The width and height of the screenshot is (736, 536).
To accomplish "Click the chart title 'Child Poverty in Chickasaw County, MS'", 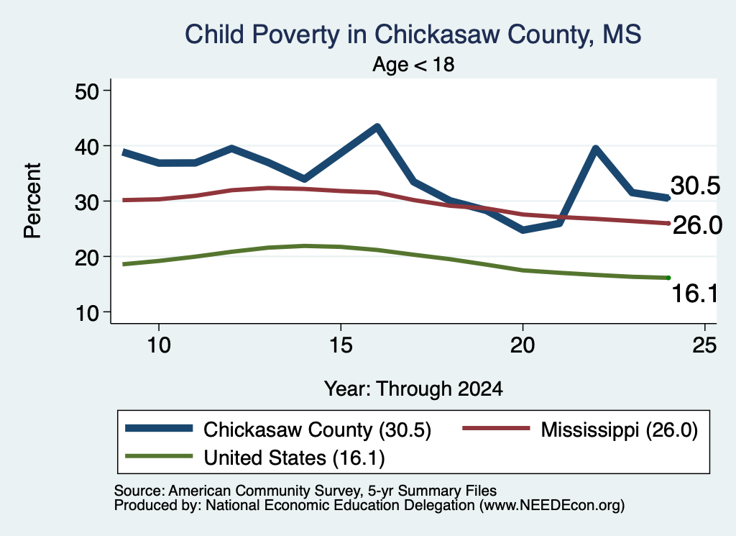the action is pos(413,35).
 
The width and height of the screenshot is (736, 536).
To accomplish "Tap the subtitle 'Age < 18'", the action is pos(413,64).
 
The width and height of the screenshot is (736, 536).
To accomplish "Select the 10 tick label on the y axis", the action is pos(87,313).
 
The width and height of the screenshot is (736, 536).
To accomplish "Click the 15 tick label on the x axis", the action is pos(341,346).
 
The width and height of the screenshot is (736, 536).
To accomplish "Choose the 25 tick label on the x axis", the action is pos(704,346).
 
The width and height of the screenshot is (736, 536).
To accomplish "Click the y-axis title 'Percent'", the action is pos(32,201).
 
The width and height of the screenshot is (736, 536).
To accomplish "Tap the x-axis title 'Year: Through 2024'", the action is pos(413,389).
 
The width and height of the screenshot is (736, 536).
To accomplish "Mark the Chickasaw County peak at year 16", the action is pos(377,127).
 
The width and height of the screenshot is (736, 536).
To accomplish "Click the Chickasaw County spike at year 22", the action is pos(595,150).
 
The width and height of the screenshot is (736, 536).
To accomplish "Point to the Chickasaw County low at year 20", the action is pos(523,230).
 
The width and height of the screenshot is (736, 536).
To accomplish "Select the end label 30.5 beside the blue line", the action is pos(695,186).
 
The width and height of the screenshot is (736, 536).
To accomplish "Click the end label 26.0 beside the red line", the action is pos(697,225).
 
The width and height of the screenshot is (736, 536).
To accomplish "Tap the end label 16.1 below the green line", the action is pos(695,294).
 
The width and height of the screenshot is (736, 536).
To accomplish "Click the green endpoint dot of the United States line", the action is pos(668,278).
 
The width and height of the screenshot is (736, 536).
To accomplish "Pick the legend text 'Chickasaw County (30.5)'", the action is pos(317,430).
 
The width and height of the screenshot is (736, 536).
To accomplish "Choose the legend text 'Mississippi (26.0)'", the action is pos(619,430).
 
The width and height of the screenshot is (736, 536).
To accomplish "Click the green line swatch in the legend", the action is pos(159,456).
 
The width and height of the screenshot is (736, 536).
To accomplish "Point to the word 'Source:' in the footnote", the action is pos(139,491).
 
